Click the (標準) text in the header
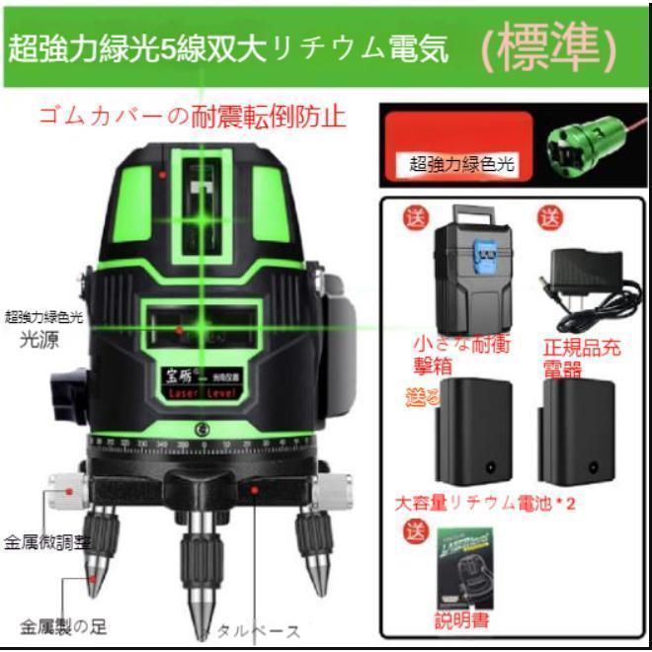(549, 48)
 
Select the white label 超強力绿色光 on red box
(462, 164)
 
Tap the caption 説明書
(462, 621)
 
